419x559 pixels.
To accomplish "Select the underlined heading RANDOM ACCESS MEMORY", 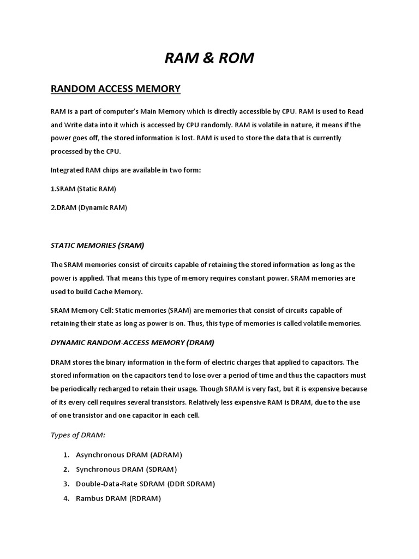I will [115, 88].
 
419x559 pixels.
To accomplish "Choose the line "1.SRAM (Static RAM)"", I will [83, 188].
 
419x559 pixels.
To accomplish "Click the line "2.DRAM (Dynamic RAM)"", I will [88, 207].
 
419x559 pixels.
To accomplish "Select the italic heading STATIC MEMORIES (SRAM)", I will [97, 246].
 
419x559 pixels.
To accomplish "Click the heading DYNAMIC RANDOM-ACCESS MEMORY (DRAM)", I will [133, 343].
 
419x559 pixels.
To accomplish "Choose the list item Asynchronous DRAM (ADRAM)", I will [129, 454].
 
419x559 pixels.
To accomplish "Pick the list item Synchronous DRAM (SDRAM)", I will [127, 469].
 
